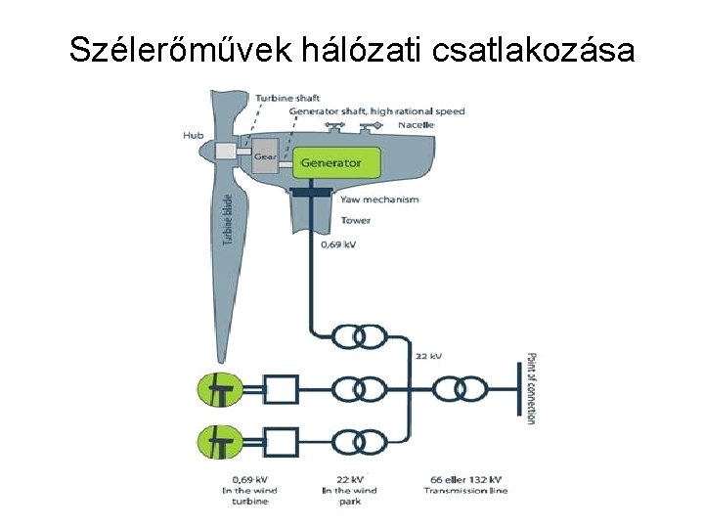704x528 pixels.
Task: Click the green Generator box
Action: [x=330, y=162]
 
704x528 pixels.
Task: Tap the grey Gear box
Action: [x=265, y=155]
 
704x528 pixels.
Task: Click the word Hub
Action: [x=194, y=134]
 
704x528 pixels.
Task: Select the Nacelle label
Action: [x=417, y=125]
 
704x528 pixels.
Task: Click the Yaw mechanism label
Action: [x=379, y=199]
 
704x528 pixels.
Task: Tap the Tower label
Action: [x=356, y=220]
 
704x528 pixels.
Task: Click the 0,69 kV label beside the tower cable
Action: [x=338, y=244]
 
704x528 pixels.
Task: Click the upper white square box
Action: [x=282, y=389]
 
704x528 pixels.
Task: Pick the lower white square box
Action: [x=282, y=441]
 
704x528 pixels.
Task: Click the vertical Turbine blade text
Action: [x=228, y=220]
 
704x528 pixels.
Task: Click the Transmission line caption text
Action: [x=465, y=490]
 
